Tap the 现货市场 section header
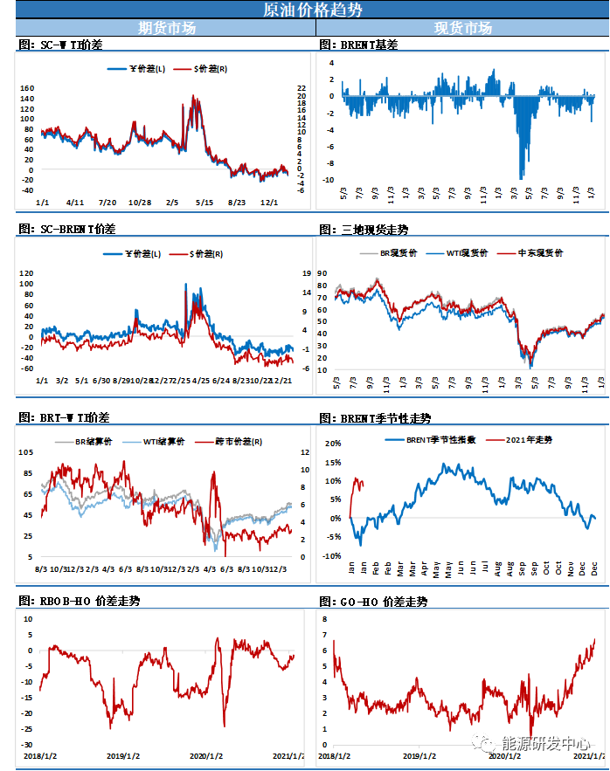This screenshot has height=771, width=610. [x=463, y=28]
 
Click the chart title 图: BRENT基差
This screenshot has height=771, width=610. [x=358, y=44]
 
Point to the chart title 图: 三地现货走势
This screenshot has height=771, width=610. [x=364, y=230]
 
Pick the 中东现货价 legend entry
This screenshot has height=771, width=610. [x=535, y=252]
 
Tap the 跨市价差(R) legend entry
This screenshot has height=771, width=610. [x=220, y=442]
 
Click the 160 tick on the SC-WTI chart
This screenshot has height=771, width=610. [x=27, y=88]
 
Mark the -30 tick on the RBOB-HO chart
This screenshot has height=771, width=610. [x=26, y=745]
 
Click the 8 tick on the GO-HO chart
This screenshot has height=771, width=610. [x=323, y=618]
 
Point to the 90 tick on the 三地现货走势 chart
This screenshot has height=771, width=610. [x=322, y=273]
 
